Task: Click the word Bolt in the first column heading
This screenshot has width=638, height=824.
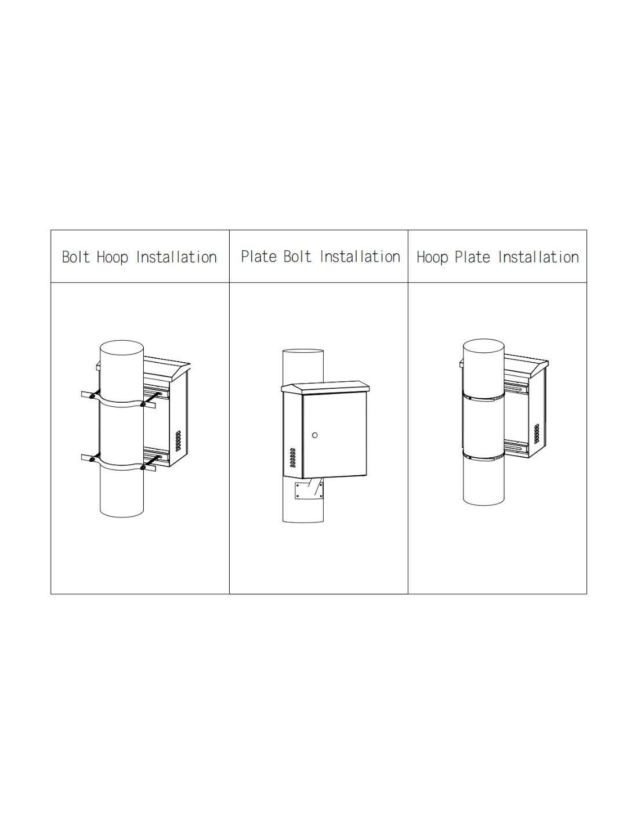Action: [76, 257]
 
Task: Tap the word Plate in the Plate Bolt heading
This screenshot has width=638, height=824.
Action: [259, 256]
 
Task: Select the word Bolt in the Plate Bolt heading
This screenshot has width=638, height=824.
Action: [297, 256]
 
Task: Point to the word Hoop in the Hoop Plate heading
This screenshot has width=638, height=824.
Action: [432, 258]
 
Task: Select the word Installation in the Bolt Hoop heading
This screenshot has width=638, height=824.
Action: [176, 257]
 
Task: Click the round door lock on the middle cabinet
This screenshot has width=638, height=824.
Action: [314, 435]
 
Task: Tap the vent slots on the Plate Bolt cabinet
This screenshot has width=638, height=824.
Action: [293, 458]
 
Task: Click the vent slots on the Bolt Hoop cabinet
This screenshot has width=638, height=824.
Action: [179, 440]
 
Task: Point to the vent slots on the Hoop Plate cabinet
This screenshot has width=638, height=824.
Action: [536, 434]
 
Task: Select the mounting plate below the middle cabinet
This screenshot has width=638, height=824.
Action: [309, 490]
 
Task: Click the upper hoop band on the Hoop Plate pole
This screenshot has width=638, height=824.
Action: [484, 396]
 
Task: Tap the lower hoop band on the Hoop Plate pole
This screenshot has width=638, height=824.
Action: [484, 456]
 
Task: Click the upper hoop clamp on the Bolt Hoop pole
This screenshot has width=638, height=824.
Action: [118, 400]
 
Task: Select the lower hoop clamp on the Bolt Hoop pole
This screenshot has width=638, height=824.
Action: [118, 463]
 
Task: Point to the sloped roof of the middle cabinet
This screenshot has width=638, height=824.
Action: [325, 387]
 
